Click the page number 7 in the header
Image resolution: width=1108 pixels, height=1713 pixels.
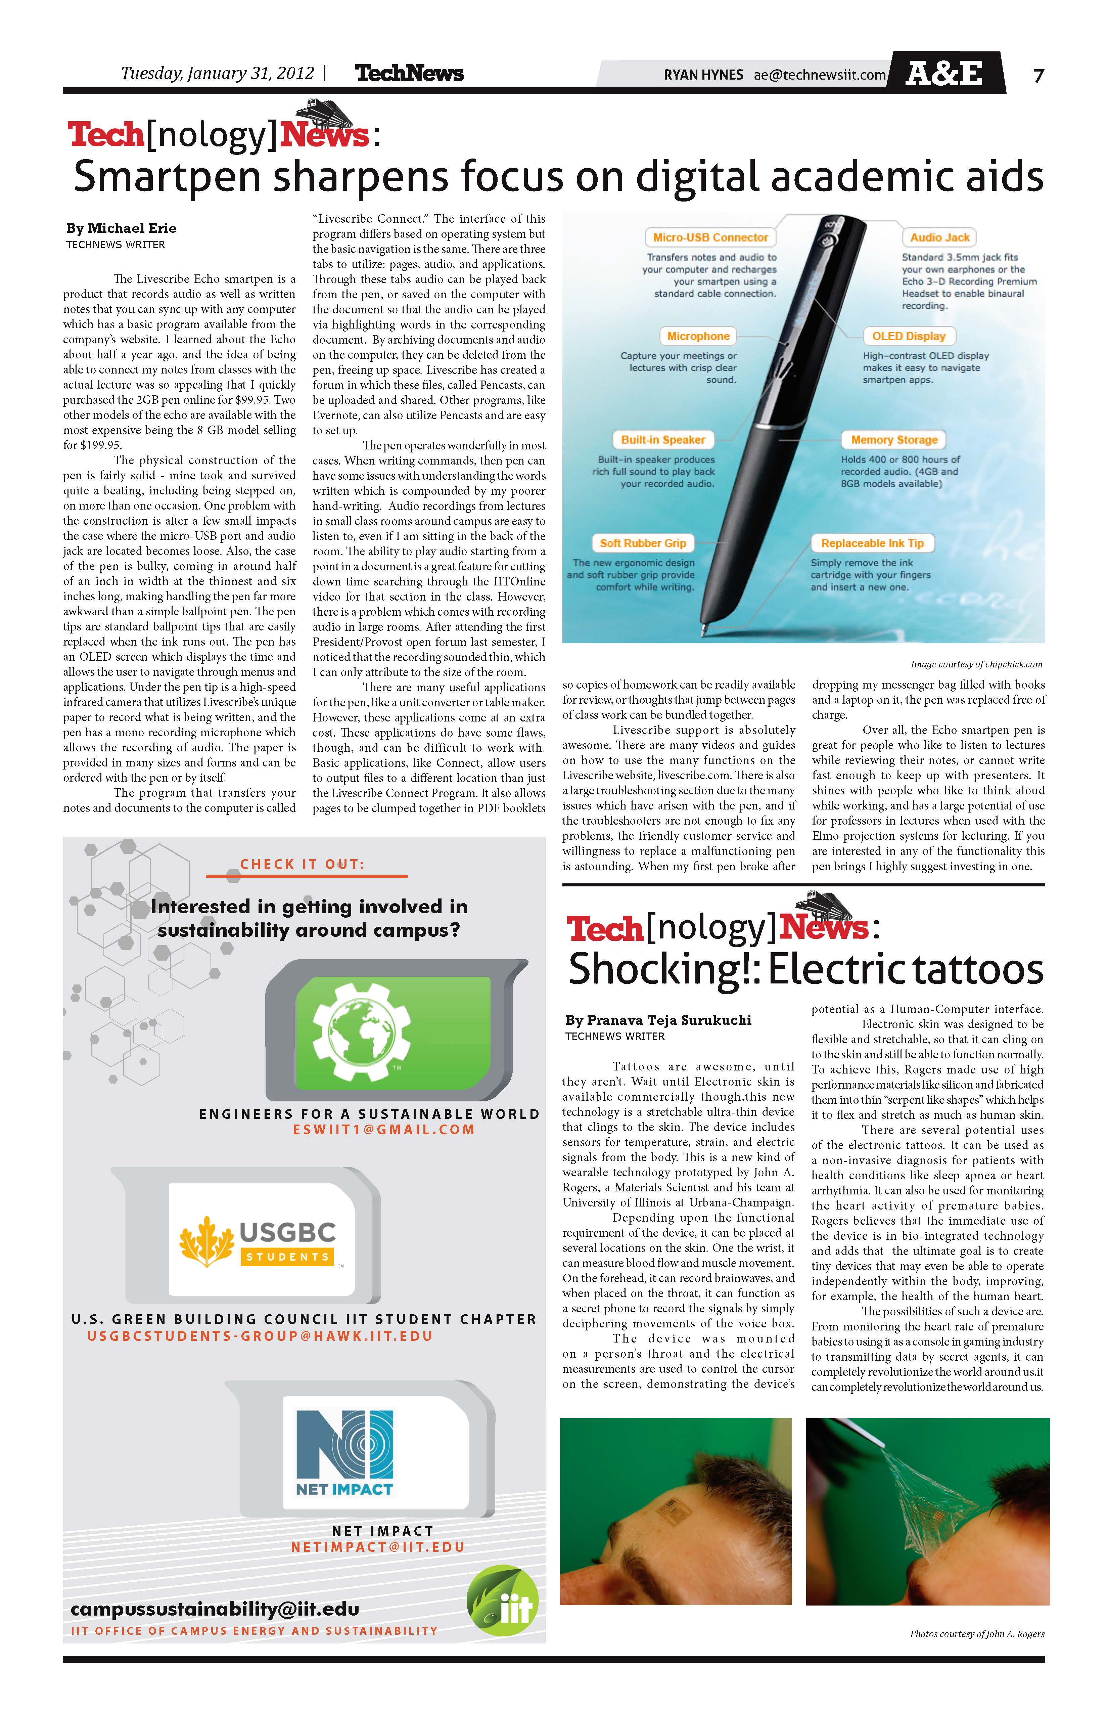click(1038, 75)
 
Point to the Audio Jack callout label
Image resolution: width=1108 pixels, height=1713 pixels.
click(939, 237)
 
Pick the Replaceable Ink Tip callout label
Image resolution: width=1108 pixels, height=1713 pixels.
click(872, 543)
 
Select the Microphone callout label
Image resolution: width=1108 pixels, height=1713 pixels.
click(698, 336)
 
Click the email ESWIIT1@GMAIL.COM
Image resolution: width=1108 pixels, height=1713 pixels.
click(383, 1130)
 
